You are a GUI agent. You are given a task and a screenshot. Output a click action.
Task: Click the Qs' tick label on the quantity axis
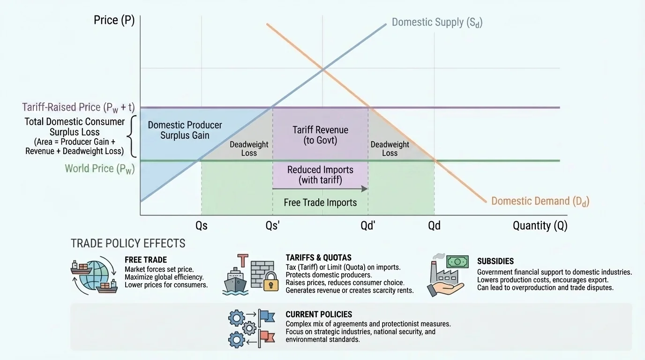272,225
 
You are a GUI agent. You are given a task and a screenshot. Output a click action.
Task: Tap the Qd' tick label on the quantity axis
368,225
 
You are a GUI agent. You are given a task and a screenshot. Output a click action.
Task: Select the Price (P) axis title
114,20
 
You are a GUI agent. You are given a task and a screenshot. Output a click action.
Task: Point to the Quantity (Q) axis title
540,225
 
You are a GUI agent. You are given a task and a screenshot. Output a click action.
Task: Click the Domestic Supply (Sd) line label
437,22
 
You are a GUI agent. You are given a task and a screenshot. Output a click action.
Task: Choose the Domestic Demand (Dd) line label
540,201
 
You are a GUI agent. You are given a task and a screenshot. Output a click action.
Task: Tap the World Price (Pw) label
100,168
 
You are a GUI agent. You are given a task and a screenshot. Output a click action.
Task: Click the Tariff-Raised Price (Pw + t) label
78,107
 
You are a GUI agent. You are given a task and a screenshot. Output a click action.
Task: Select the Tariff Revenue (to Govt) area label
320,135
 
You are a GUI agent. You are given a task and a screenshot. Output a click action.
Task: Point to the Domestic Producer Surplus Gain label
185,130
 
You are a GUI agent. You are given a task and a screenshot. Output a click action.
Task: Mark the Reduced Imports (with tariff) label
320,174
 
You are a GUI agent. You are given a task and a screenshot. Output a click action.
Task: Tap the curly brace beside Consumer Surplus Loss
133,136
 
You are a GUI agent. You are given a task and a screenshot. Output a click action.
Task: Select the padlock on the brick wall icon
270,284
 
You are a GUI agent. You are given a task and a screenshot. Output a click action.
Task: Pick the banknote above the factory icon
457,262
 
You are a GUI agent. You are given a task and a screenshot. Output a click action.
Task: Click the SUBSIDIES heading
495,261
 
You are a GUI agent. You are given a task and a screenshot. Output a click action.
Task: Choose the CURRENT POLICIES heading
319,314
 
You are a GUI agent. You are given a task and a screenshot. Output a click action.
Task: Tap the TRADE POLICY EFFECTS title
128,243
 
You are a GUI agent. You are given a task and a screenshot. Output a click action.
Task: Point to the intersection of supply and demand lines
323,70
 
